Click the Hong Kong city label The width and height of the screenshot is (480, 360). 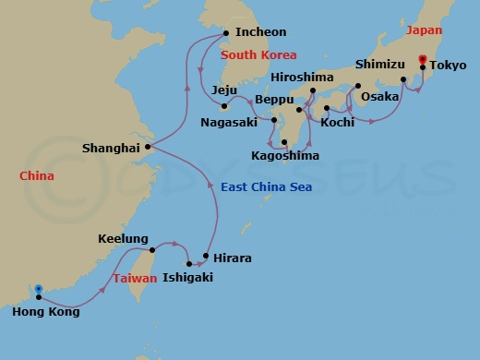(46, 312)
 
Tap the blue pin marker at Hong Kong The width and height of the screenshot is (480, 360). (38, 292)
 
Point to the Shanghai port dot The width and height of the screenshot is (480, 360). (148, 146)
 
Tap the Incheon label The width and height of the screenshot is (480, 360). (261, 31)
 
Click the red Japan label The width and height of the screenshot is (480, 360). (425, 30)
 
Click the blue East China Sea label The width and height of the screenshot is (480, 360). (267, 187)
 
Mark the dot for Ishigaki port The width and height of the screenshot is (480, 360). (190, 263)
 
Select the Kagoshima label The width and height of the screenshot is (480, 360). (285, 156)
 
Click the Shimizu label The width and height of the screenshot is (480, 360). (379, 66)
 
